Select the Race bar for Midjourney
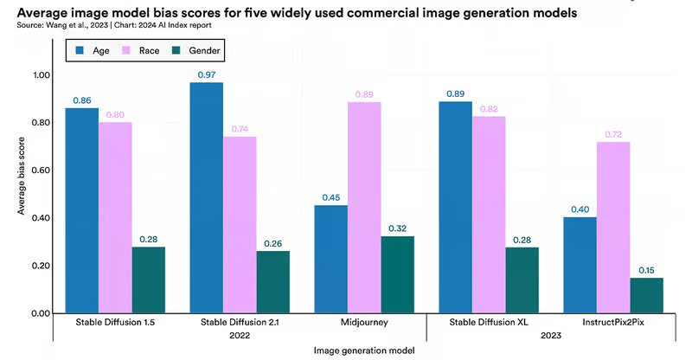click(x=364, y=207)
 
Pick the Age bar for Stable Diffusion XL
click(x=455, y=207)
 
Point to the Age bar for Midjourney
click(x=330, y=259)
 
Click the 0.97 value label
click(x=207, y=75)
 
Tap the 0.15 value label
click(x=646, y=270)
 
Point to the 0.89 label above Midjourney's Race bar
click(x=364, y=94)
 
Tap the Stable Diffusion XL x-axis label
click(x=489, y=323)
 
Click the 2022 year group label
click(x=240, y=336)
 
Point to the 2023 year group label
click(x=551, y=336)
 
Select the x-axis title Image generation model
click(x=364, y=350)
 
